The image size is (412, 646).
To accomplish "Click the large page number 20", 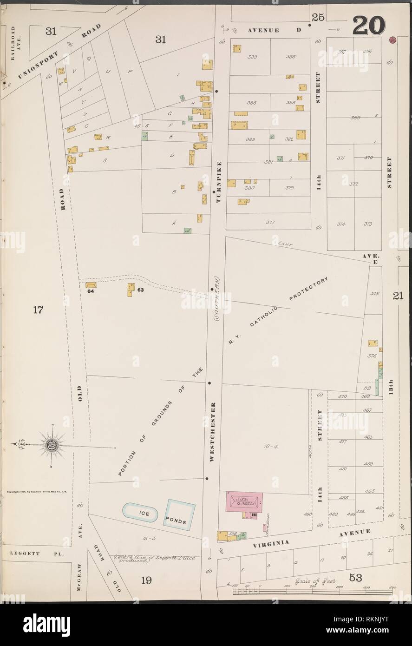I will click(x=368, y=25).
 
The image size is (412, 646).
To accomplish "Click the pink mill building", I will click(x=244, y=503).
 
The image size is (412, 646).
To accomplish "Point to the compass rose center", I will click(x=51, y=447).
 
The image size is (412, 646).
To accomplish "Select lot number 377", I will click(x=270, y=222).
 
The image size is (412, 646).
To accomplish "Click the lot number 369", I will click(x=355, y=118).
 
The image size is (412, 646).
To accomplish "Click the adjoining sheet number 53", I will click(x=356, y=577).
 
